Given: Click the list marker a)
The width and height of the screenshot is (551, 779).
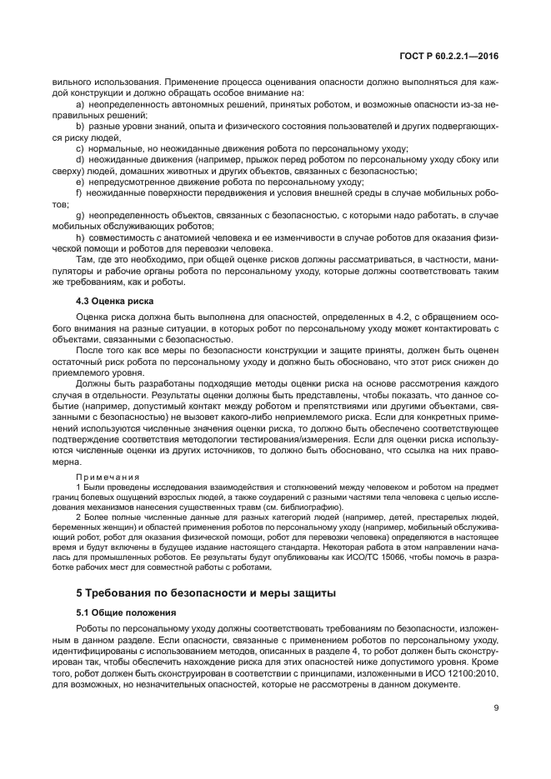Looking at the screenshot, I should [80, 106].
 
